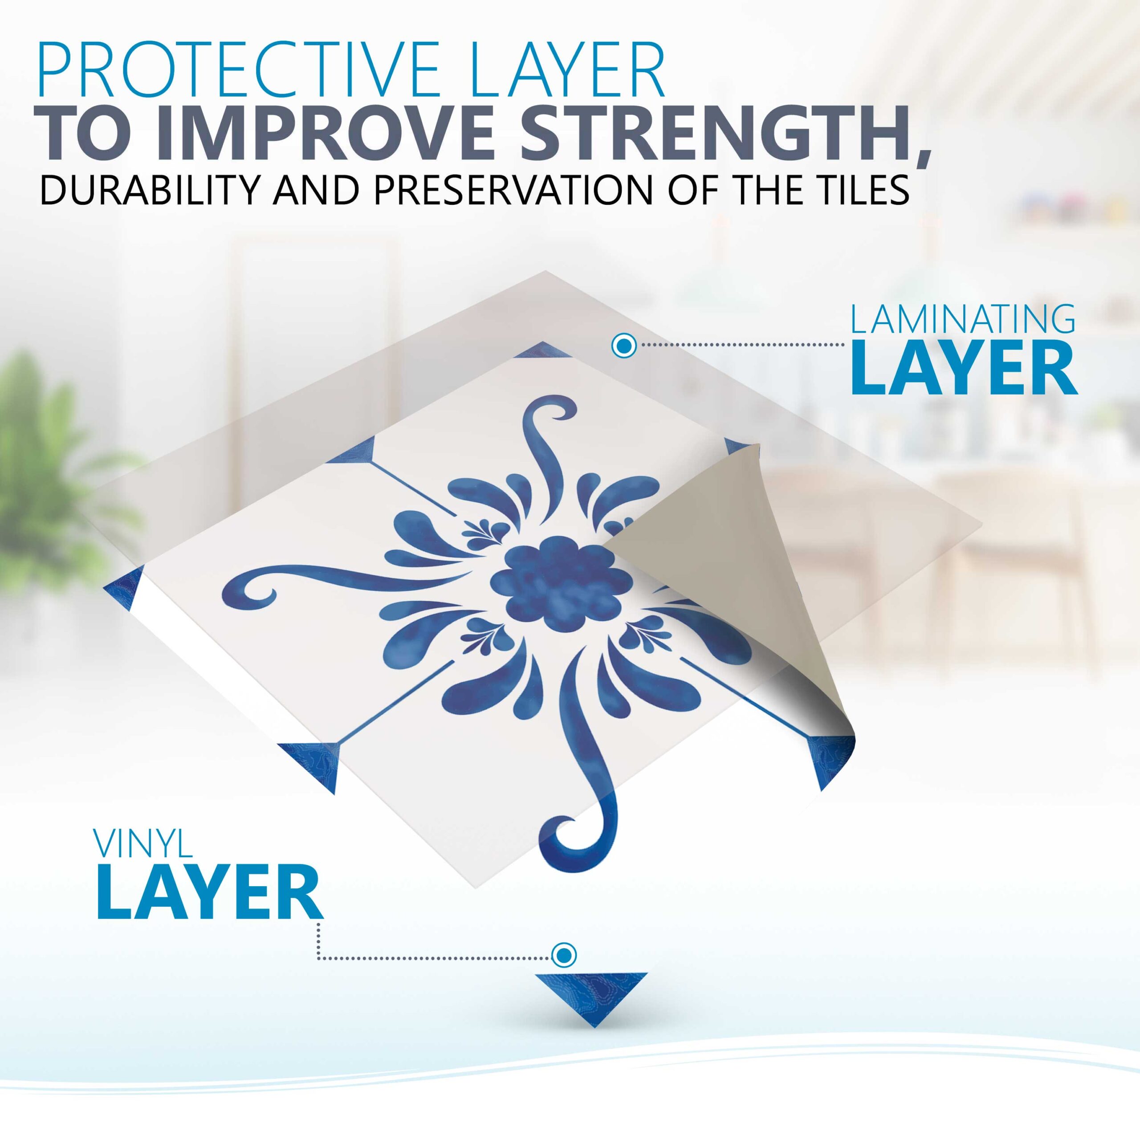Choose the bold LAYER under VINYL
(x=209, y=893)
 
